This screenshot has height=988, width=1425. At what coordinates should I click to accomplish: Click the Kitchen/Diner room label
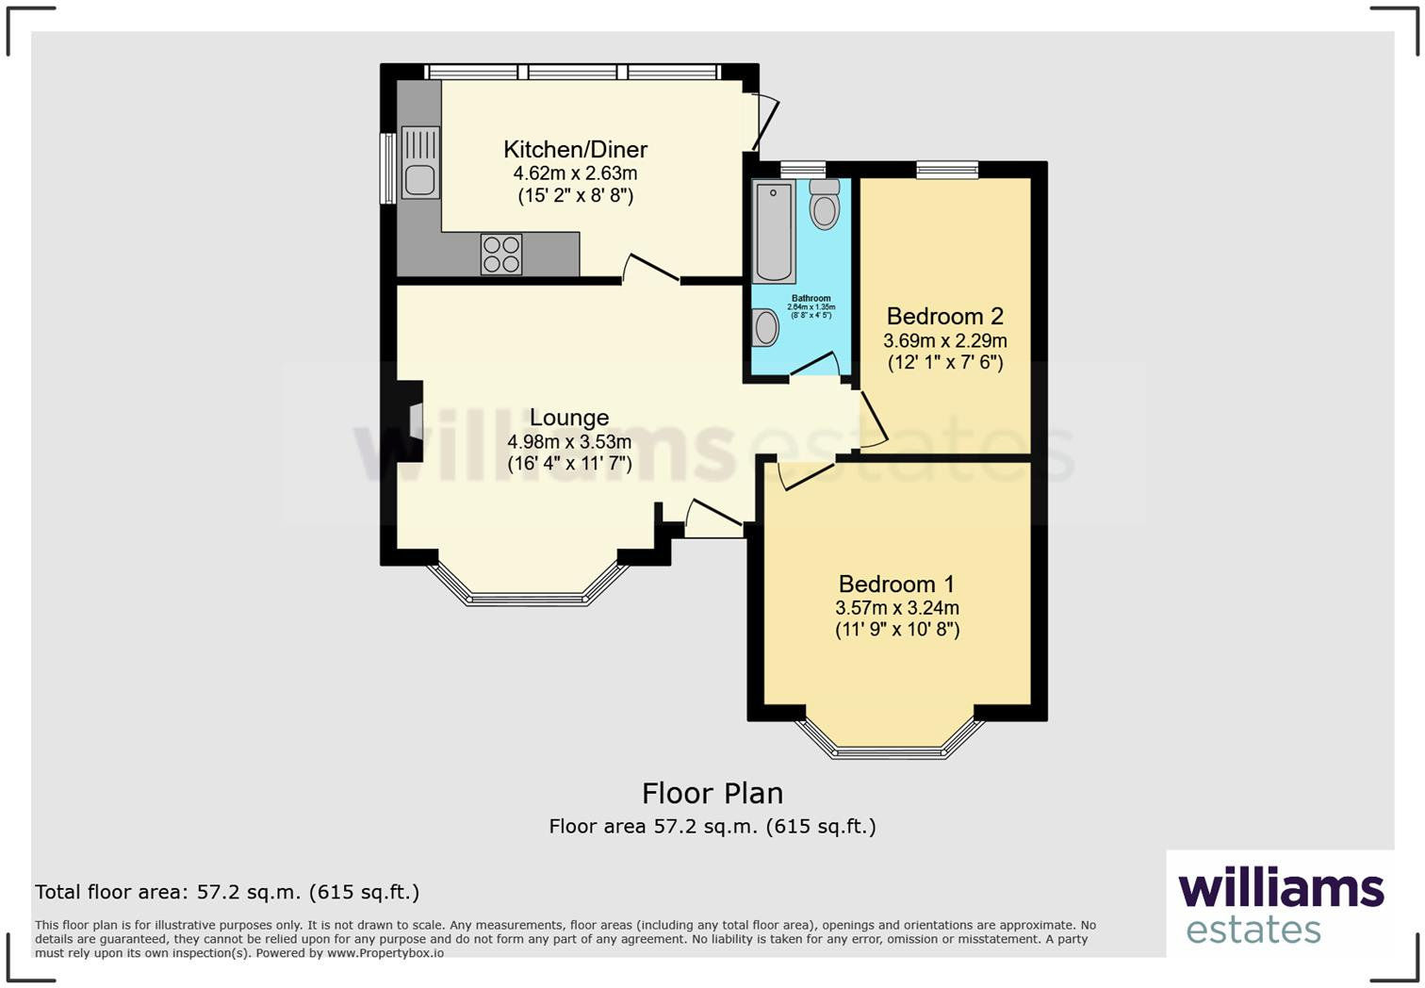pyautogui.click(x=575, y=149)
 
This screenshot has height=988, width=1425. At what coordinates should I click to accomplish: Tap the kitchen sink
pyautogui.click(x=420, y=162)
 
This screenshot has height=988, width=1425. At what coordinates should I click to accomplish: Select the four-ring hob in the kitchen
pyautogui.click(x=501, y=254)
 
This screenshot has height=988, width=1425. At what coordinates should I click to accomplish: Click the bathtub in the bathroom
pyautogui.click(x=775, y=232)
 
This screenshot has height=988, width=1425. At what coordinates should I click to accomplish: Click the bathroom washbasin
pyautogui.click(x=766, y=328)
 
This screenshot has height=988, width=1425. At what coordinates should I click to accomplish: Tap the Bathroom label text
pyautogui.click(x=811, y=299)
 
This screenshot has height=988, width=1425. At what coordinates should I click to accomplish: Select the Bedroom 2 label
pyautogui.click(x=944, y=316)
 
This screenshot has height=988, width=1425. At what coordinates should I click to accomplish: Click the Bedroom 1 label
pyautogui.click(x=896, y=584)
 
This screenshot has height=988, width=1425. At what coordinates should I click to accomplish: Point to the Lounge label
pyautogui.click(x=569, y=418)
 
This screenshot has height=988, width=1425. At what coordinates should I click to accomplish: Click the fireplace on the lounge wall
pyautogui.click(x=412, y=420)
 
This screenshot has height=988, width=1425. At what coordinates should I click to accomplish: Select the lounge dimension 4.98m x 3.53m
pyautogui.click(x=569, y=442)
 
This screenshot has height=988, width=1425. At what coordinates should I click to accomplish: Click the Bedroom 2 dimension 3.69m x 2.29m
pyautogui.click(x=944, y=340)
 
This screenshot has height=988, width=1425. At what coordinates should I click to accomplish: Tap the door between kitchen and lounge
pyautogui.click(x=650, y=270)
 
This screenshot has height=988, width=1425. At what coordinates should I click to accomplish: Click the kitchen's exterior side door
pyautogui.click(x=767, y=123)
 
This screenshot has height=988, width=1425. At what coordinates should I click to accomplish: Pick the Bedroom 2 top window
pyautogui.click(x=947, y=170)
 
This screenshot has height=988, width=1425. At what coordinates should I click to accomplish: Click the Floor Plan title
pyautogui.click(x=712, y=793)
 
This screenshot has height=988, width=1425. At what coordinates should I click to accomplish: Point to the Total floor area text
pyautogui.click(x=227, y=892)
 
